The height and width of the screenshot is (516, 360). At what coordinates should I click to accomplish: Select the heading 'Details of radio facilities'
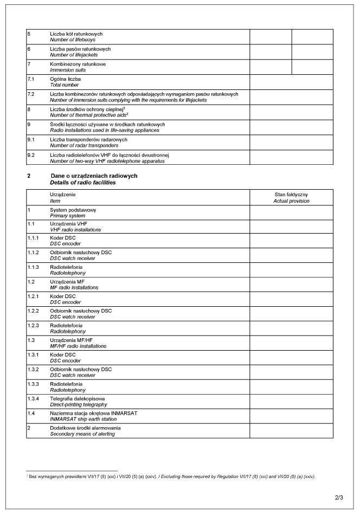(82, 183)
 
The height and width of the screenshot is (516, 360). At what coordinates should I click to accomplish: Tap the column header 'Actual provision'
(291, 201)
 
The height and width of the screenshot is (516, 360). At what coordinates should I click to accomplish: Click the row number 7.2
(31, 94)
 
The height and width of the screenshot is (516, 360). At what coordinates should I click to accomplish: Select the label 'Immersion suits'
(68, 70)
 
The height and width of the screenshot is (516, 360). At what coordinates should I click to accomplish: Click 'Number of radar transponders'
(84, 145)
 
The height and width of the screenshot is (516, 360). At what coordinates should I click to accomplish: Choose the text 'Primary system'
(67, 216)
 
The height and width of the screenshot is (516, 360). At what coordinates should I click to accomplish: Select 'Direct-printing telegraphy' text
(79, 404)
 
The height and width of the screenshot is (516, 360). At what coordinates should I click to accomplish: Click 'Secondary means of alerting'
(82, 434)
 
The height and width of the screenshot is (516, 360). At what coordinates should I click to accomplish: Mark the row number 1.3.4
(33, 398)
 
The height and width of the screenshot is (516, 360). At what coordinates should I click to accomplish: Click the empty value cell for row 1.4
(291, 416)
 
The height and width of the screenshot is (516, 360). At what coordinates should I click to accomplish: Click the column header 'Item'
(55, 201)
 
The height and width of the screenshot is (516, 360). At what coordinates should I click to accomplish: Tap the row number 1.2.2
(33, 311)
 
